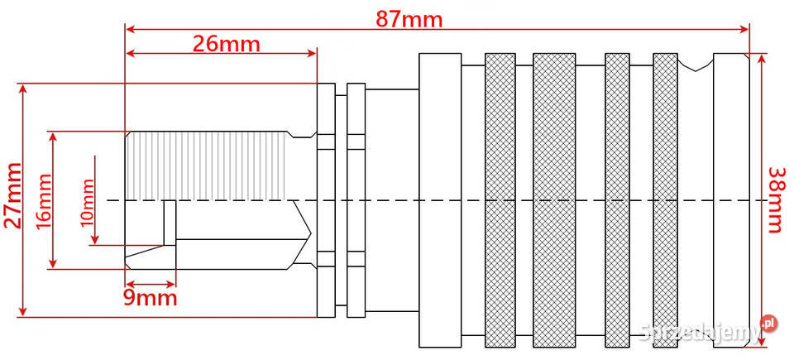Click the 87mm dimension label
coord(409,19)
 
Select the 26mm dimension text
coord(227,45)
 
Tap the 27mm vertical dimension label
coord(14,195)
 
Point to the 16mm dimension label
coord(44,201)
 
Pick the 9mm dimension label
coord(151,298)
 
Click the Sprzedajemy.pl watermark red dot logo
coord(768,323)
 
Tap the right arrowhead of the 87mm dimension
coord(744,29)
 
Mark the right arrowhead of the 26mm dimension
coord(312,53)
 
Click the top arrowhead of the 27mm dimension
coord(22,89)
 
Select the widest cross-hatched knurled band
coord(554,200)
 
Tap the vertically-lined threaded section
coord(208,166)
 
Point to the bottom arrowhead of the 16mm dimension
coord(52,263)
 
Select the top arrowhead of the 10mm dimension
coord(94,161)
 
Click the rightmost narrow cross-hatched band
coord(665,200)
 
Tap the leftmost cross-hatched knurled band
coord(500,200)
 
